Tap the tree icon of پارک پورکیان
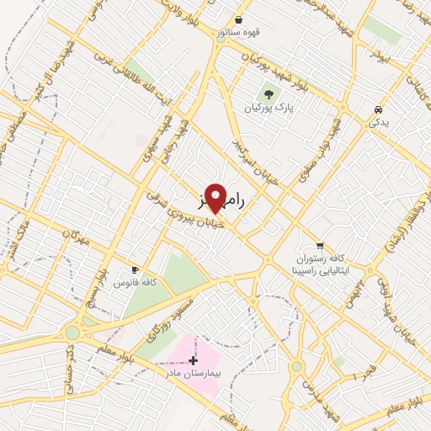tap(269, 95)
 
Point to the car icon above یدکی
tap(379, 109)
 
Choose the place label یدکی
tap(379, 123)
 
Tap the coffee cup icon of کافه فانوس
tap(135, 270)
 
